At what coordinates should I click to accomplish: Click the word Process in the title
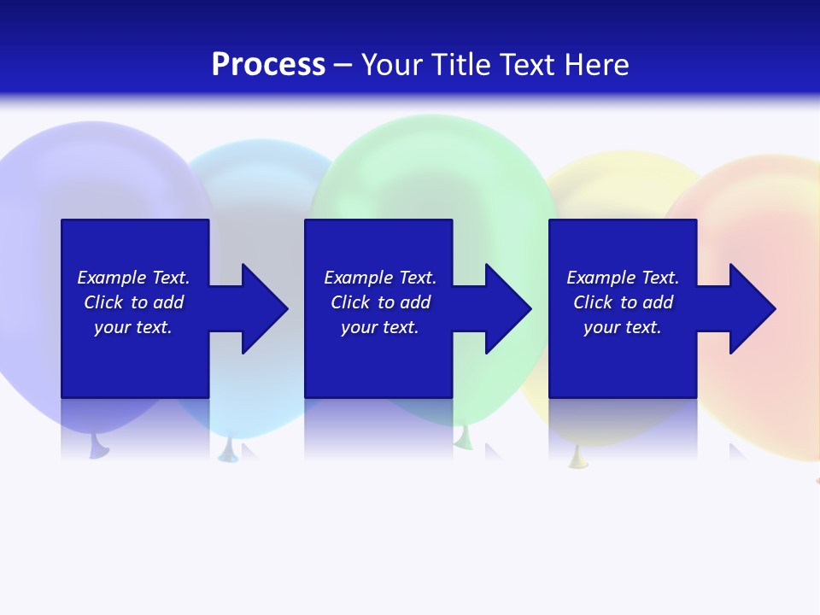pos(268,65)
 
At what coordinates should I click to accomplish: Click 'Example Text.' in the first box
pos(133,278)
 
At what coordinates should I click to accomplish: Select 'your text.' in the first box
pos(133,327)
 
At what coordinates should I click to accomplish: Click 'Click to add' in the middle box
pos(380,302)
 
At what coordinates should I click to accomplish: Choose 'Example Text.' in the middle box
pos(380,278)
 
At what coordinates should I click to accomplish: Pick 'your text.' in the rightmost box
pos(623,327)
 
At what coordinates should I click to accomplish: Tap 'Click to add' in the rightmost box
pos(623,302)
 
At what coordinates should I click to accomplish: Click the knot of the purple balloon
pos(99,447)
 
